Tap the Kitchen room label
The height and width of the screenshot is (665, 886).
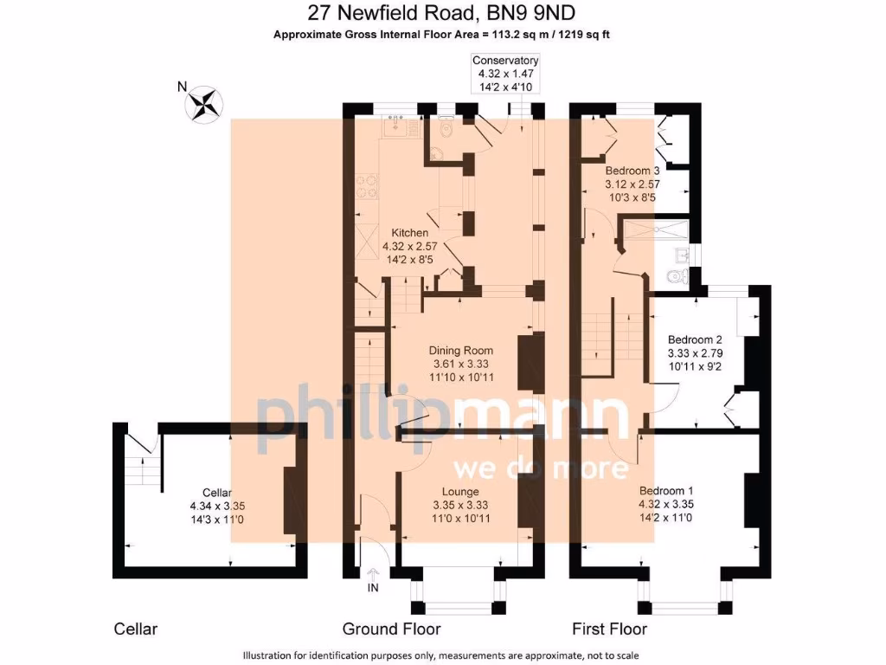tap(409, 234)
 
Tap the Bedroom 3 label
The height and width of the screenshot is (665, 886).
tap(632, 171)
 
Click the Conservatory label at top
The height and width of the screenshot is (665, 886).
tap(505, 61)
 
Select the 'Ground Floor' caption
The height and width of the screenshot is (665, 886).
tap(391, 629)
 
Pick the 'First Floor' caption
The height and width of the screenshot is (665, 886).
tap(610, 629)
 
